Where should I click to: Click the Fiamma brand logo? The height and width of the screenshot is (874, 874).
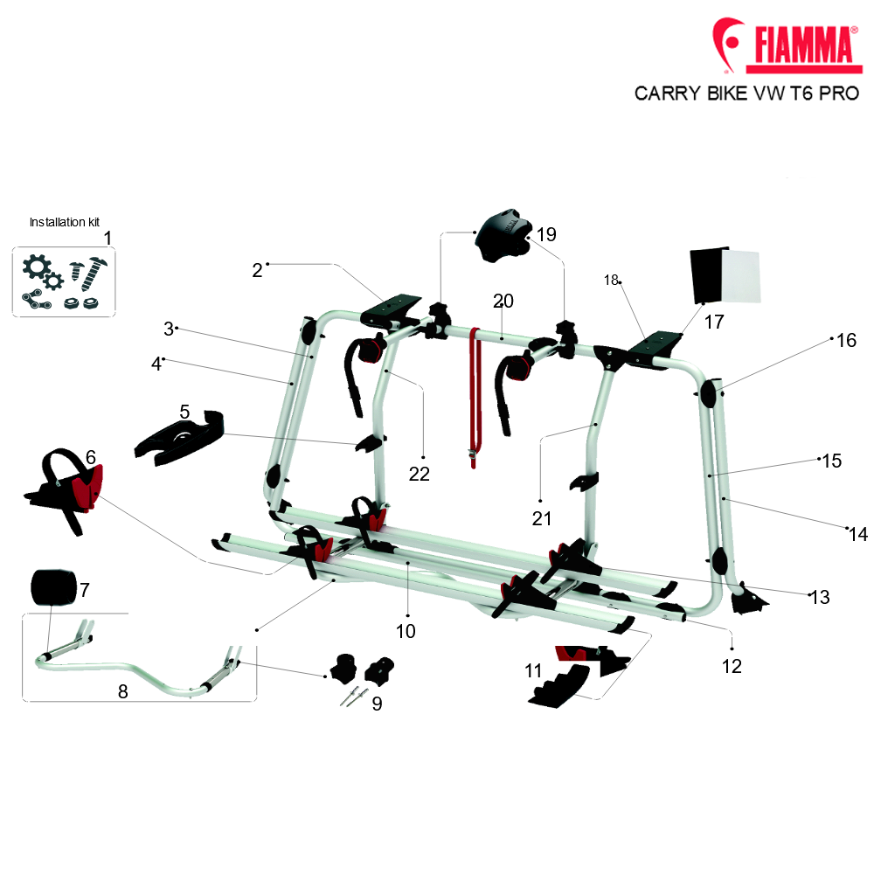coord(787,45)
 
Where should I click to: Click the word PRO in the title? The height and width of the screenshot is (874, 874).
coord(839,94)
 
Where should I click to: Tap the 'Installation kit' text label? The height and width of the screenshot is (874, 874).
coord(64,222)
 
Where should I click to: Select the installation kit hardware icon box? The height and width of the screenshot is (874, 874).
coord(64,282)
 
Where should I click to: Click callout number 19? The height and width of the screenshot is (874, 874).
coord(546,234)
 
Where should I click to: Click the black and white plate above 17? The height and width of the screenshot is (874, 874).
coord(725,275)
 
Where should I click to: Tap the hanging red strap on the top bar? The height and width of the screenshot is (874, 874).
coord(475,398)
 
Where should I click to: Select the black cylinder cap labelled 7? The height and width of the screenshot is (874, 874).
coord(53,587)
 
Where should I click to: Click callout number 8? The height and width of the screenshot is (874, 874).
coord(122,691)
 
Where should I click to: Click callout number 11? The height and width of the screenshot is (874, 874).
coord(533,670)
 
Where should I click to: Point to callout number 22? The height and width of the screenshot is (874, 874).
coord(420,474)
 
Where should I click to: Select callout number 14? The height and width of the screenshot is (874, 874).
coord(858,534)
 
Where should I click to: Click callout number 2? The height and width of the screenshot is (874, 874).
coord(257,270)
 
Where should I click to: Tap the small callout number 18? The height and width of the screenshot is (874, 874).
coord(611,280)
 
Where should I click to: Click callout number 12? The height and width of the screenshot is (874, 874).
coord(732,666)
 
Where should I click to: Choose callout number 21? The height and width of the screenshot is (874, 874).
coord(541,518)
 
